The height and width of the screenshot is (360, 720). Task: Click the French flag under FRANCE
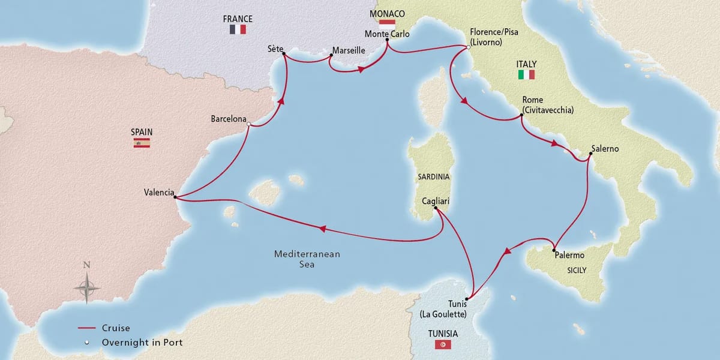pyautogui.click(x=238, y=29)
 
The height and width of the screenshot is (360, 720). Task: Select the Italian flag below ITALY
pyautogui.click(x=526, y=75)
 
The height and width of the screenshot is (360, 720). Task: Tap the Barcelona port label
pyautogui.click(x=229, y=119)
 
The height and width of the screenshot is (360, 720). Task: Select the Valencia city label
pyautogui.click(x=159, y=193)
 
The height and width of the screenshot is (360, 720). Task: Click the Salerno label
pyautogui.click(x=605, y=148)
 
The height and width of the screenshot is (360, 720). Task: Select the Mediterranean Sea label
pyautogui.click(x=307, y=259)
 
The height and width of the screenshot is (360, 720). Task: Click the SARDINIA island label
pyautogui.click(x=433, y=177)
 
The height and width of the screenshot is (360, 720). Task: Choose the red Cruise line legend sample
pyautogui.click(x=87, y=328)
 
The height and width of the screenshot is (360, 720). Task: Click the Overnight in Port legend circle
pyautogui.click(x=87, y=342)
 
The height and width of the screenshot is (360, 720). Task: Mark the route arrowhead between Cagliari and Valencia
pyautogui.click(x=322, y=229)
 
